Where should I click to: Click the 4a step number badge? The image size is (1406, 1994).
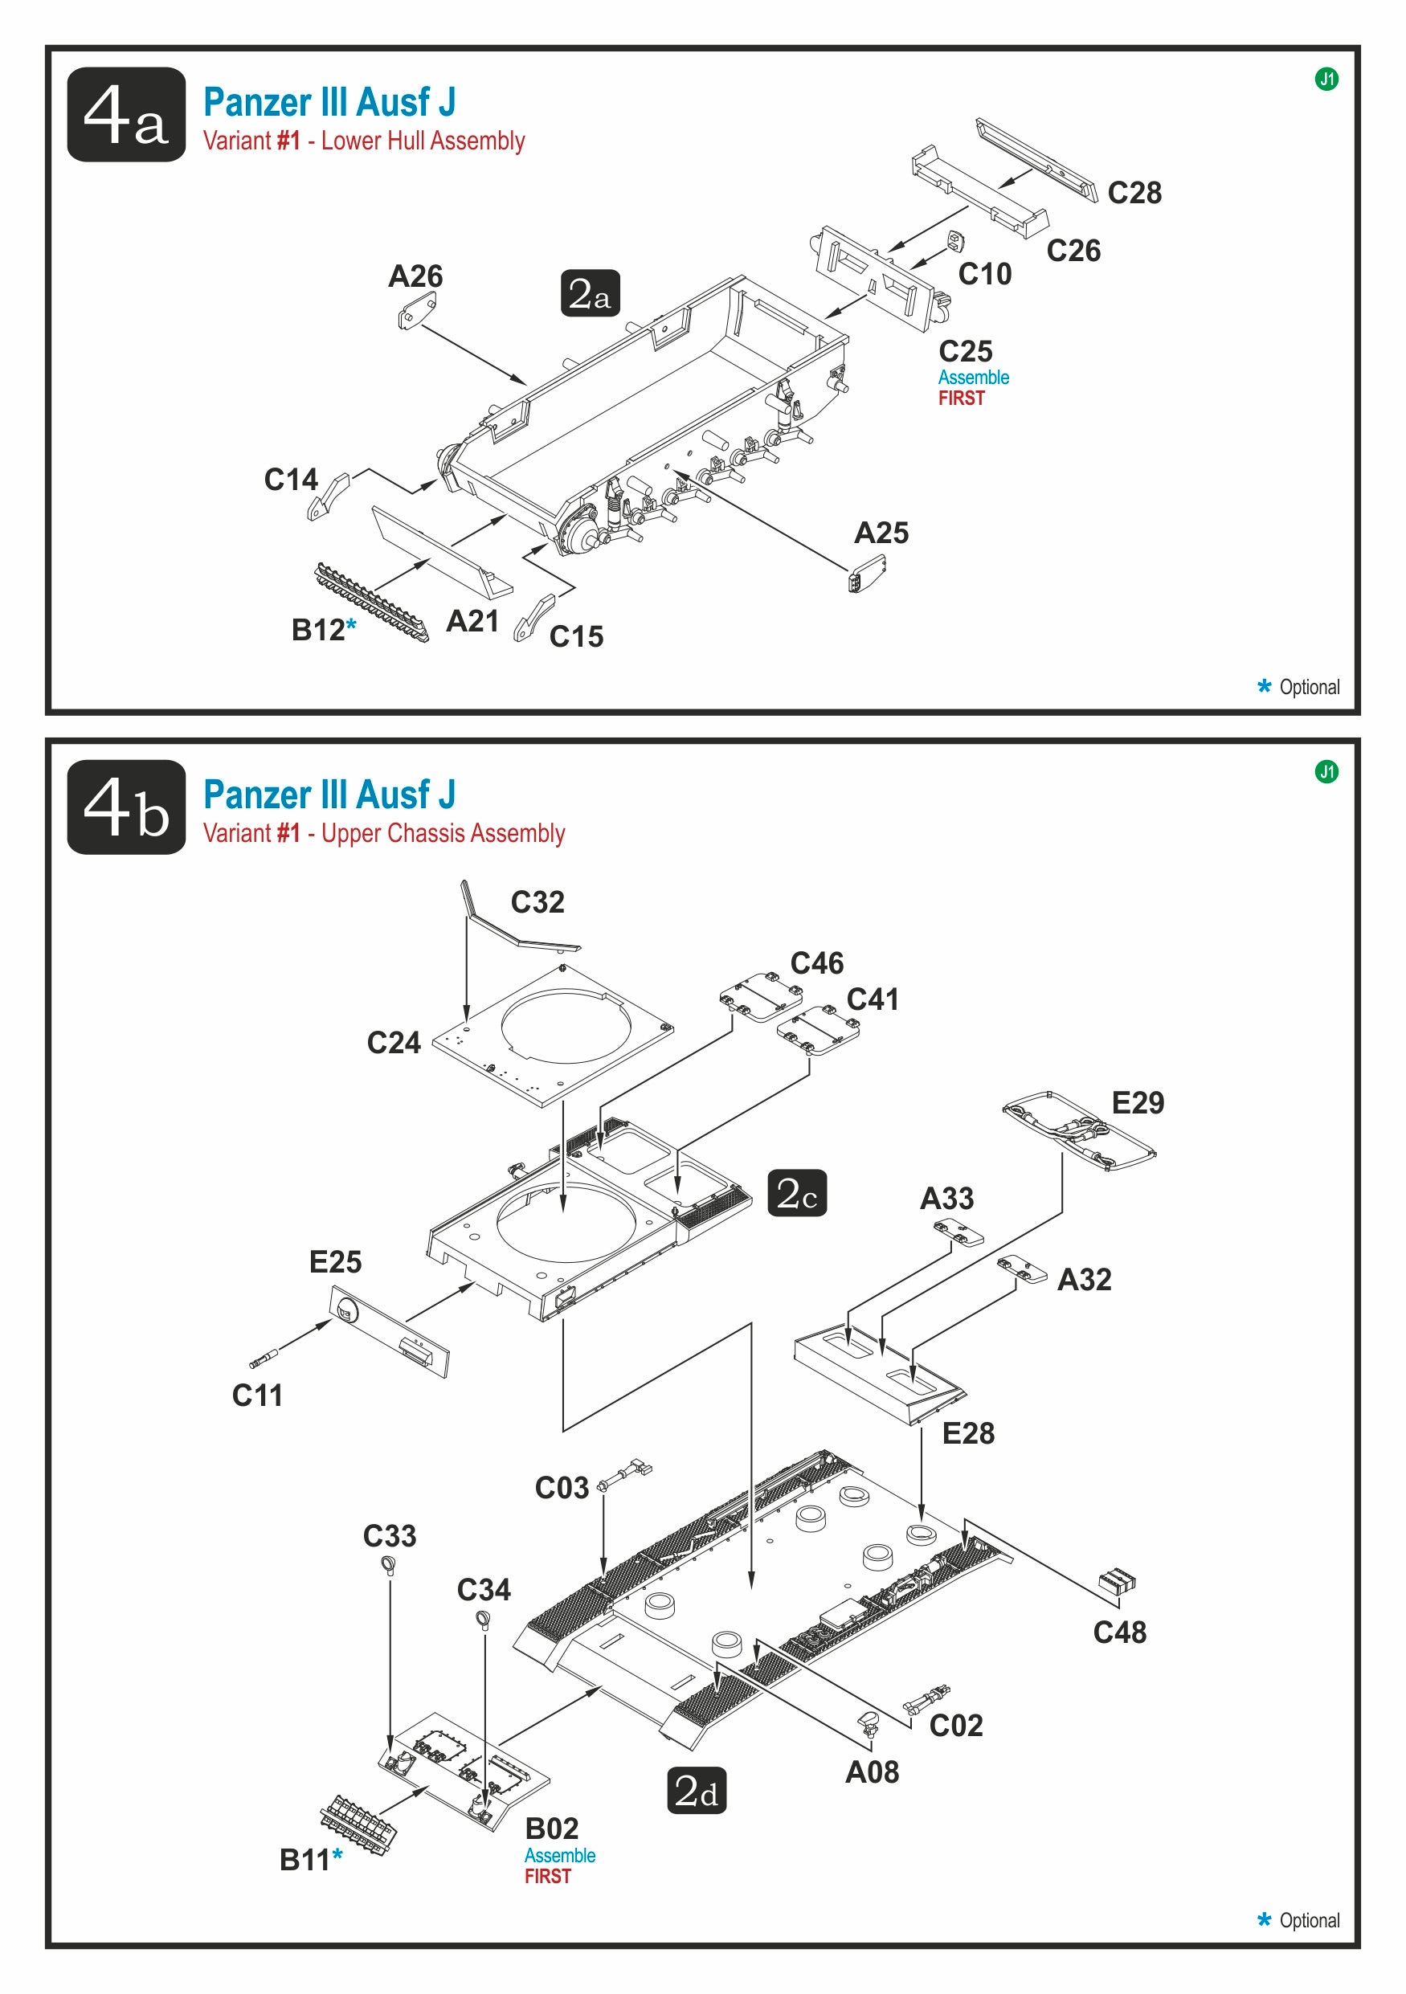(126, 115)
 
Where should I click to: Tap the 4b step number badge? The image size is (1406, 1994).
(126, 807)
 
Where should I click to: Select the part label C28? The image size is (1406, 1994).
(1134, 193)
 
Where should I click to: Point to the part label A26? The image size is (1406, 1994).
(415, 276)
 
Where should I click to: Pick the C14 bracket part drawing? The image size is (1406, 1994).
(328, 496)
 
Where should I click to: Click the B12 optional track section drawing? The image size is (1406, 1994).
(371, 602)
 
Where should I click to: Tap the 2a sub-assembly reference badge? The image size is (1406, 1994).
(590, 293)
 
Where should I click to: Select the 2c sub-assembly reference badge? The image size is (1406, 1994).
(796, 1192)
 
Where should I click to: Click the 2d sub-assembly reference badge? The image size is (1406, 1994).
(697, 1790)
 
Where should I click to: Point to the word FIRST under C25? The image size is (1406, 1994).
(962, 398)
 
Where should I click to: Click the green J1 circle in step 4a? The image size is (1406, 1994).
(1326, 79)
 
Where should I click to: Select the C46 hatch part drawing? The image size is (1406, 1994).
(760, 997)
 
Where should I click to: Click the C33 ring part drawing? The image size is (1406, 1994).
(389, 1566)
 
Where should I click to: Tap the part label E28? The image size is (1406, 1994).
(968, 1433)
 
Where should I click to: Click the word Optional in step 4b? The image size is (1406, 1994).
(1309, 1920)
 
